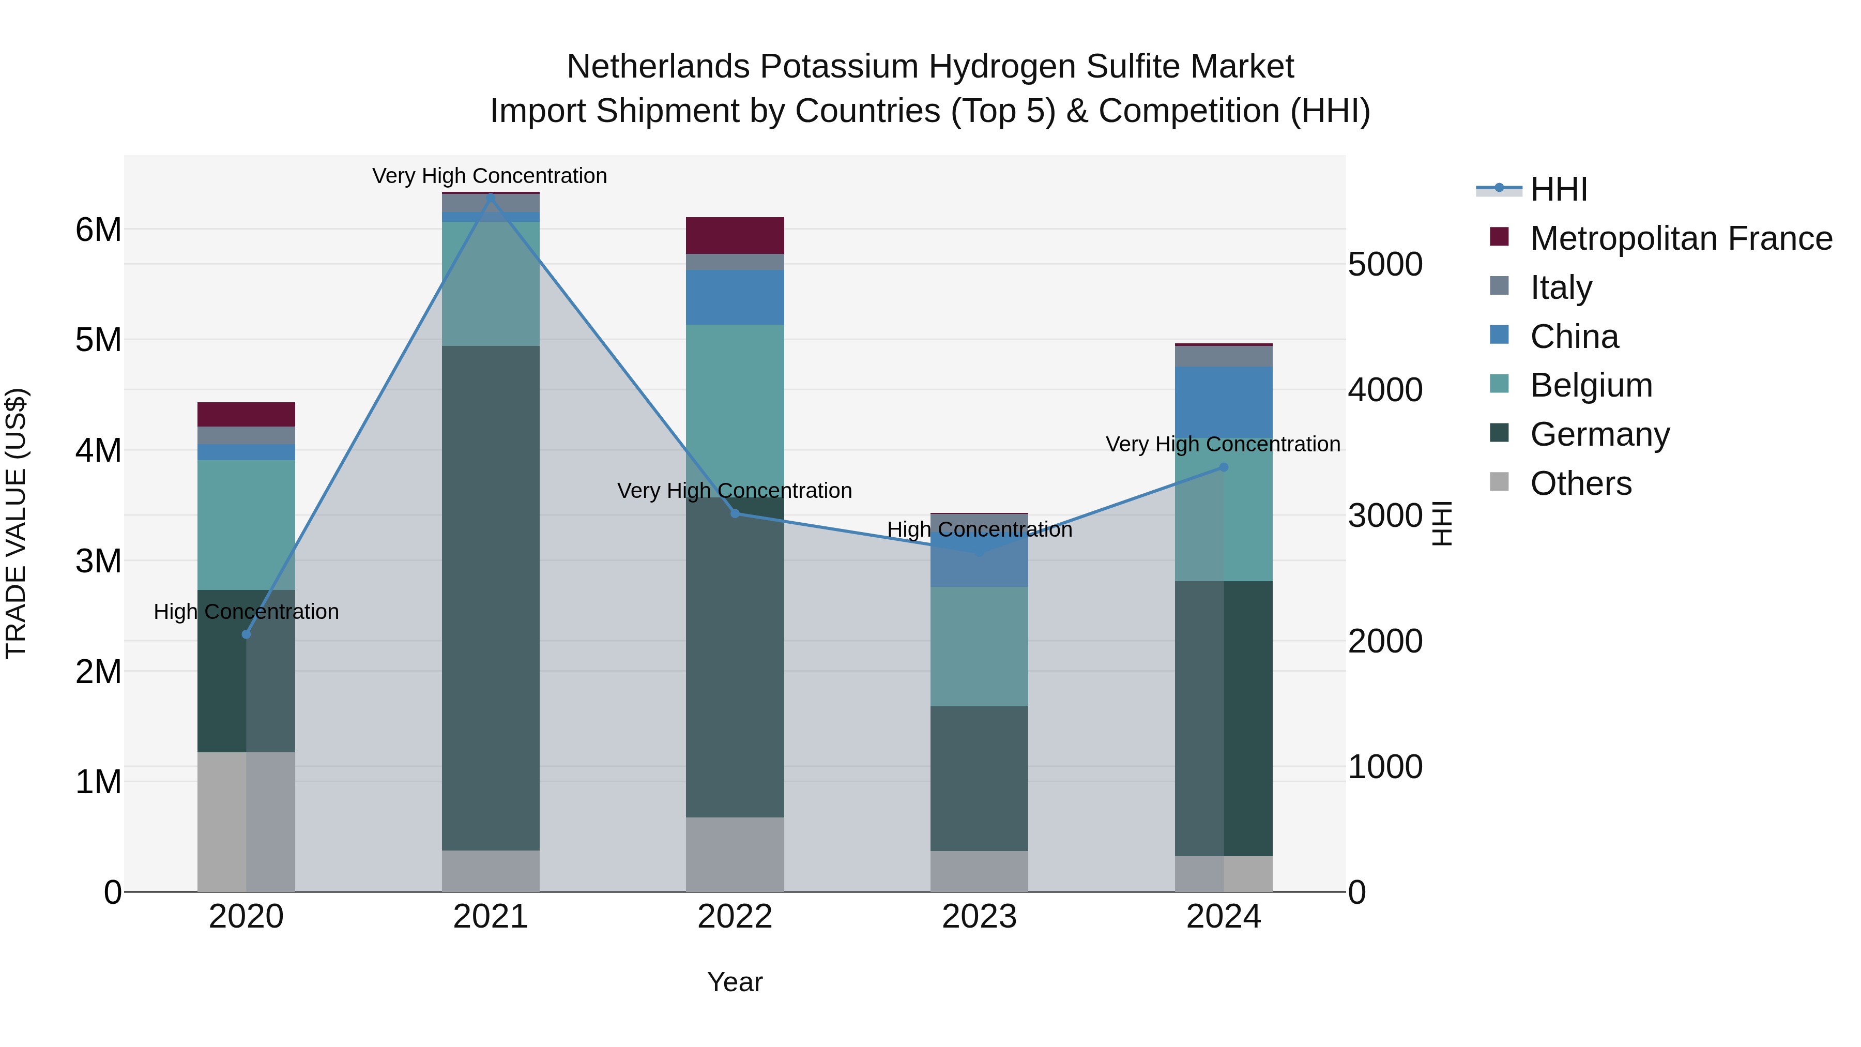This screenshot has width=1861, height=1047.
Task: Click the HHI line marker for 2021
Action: [491, 196]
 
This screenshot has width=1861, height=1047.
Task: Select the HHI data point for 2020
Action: [247, 634]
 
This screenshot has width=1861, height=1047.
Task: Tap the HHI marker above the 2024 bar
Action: [1223, 467]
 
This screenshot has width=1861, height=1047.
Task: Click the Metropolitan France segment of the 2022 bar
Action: [735, 236]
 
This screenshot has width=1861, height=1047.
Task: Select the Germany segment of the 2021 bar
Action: [491, 598]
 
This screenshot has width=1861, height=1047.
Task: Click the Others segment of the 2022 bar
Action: [735, 854]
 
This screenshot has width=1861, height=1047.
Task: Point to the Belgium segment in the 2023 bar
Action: [979, 647]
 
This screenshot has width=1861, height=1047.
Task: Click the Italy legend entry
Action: [1561, 287]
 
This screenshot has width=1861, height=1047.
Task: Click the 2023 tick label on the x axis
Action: [979, 917]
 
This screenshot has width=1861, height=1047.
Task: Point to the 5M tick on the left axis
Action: [98, 340]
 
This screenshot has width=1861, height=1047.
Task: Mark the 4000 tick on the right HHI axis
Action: [1385, 390]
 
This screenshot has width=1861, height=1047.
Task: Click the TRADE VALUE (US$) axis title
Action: [17, 523]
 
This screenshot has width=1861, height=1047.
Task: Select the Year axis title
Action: [735, 982]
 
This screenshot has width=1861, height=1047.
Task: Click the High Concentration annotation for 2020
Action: [247, 612]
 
